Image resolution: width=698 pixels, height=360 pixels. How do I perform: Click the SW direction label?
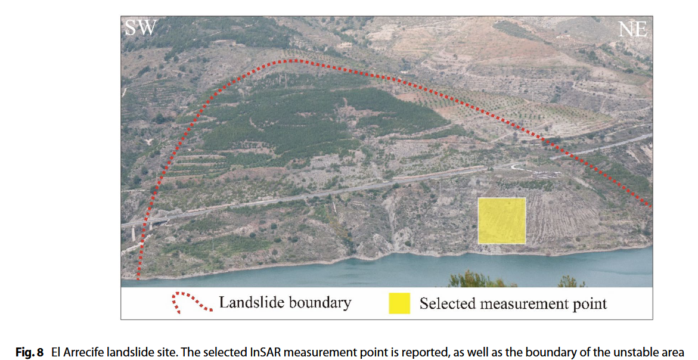click(140, 28)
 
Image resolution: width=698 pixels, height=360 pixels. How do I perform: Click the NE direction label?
click(632, 29)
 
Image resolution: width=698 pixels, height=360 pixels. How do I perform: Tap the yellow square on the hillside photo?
click(501, 221)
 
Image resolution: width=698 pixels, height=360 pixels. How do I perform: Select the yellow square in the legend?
click(399, 303)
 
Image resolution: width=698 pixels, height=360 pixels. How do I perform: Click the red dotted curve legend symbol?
click(191, 303)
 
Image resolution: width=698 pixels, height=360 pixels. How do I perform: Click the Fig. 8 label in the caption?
click(29, 352)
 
